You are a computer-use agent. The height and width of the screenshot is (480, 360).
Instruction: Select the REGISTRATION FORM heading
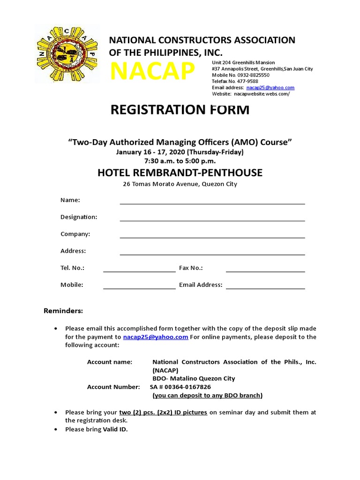tap(180, 110)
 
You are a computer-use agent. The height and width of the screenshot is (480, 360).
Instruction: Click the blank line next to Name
tap(212, 202)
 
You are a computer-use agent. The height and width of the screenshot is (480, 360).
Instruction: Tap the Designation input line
tap(212, 218)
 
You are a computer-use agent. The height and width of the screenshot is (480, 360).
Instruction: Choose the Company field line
tap(212, 235)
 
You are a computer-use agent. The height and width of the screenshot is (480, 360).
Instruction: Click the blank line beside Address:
tap(212, 252)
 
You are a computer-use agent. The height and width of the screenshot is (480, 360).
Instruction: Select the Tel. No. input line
tap(139, 269)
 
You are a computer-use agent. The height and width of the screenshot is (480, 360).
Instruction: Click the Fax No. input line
tap(265, 269)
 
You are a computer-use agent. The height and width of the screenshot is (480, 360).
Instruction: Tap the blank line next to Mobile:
tap(139, 286)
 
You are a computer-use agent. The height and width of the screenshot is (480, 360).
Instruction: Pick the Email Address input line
tap(265, 286)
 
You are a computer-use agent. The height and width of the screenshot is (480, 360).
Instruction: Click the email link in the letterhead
tap(270, 88)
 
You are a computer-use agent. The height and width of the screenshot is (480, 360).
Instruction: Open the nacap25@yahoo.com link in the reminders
tap(156, 337)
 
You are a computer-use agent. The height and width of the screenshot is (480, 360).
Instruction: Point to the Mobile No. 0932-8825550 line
tap(240, 75)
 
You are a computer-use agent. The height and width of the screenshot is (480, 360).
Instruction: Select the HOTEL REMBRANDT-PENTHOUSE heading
tap(180, 173)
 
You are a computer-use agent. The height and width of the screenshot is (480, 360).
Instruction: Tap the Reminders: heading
tap(63, 311)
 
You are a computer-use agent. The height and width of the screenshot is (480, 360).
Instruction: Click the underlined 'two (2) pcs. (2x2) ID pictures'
tap(163, 412)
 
